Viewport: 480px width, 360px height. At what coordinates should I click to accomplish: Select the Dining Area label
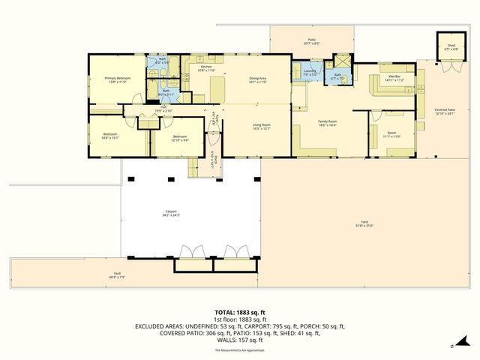pyautogui.click(x=258, y=79)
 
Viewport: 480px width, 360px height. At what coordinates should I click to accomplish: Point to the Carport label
pyautogui.click(x=171, y=214)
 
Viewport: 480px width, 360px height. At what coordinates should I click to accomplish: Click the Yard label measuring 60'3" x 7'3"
pyautogui.click(x=116, y=274)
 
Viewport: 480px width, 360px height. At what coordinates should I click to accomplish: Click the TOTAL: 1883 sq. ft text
pyautogui.click(x=240, y=312)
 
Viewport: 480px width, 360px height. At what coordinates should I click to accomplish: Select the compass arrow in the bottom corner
pyautogui.click(x=452, y=346)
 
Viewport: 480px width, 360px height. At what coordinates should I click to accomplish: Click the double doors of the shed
pyautogui.click(x=450, y=64)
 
